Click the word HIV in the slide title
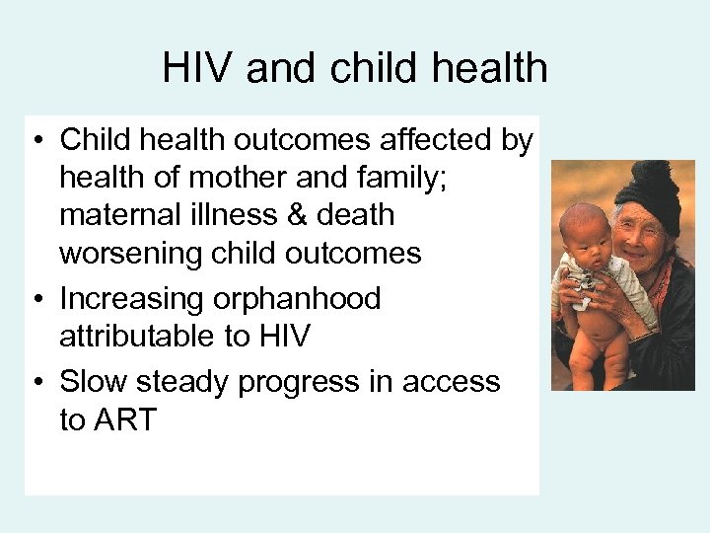[199, 68]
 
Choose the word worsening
[132, 253]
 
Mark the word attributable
[143, 337]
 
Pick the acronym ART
[124, 419]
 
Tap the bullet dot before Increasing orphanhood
[36, 299]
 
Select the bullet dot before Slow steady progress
[36, 382]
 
